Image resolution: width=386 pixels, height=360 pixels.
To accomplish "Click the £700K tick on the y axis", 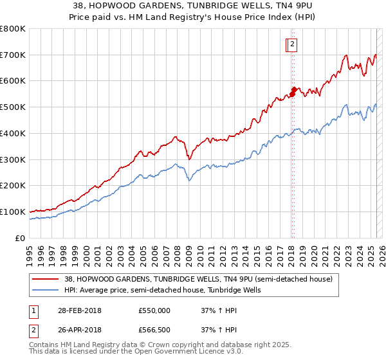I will pyautogui.click(x=13, y=55).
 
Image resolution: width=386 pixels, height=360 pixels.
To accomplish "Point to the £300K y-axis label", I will pyautogui.click(x=13, y=159).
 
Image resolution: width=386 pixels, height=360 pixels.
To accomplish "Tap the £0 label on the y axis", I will pyautogui.click(x=21, y=238).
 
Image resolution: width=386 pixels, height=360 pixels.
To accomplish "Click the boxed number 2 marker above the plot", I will pyautogui.click(x=292, y=44).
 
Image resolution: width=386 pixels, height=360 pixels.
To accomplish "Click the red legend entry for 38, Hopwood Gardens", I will pyautogui.click(x=198, y=279).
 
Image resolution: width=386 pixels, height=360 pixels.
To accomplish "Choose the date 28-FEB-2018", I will pyautogui.click(x=79, y=310).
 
